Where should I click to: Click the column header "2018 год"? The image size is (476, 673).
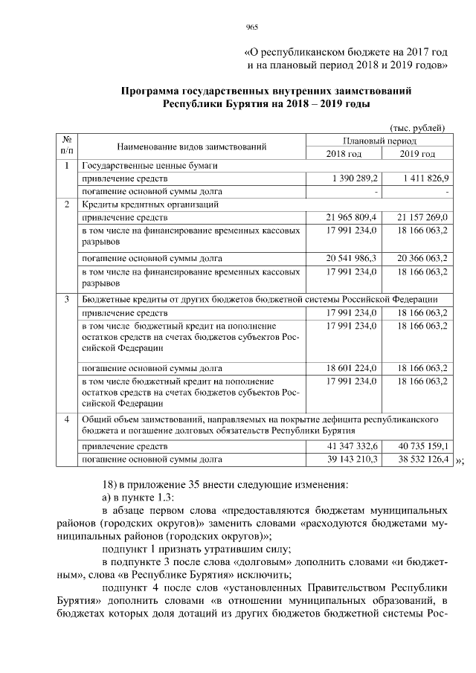pyautogui.click(x=344, y=153)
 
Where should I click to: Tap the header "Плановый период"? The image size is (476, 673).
pyautogui.click(x=379, y=141)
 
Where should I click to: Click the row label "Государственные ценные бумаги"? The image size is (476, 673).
pyautogui.click(x=149, y=166)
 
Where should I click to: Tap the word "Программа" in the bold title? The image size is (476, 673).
pyautogui.click(x=151, y=91)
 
